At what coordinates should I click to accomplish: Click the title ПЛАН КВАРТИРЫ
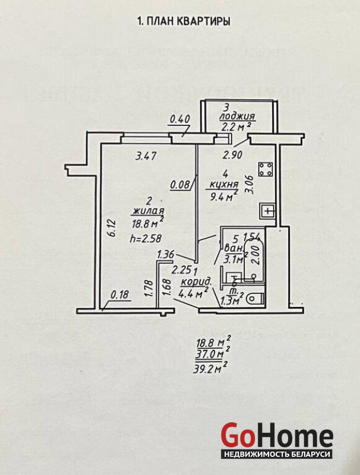[x=184, y=21]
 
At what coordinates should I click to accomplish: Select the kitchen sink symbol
[x=268, y=211]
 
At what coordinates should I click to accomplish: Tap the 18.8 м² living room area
[x=147, y=224]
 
